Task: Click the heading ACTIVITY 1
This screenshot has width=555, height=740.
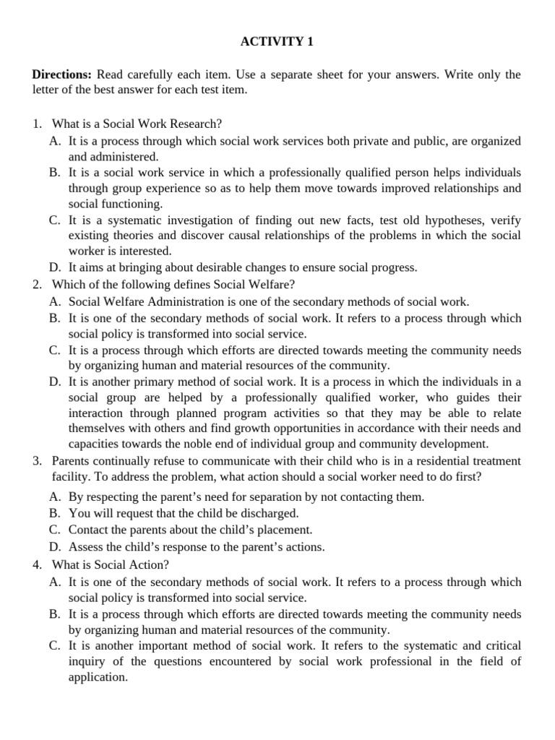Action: (x=277, y=42)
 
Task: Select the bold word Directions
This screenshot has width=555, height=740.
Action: (x=61, y=75)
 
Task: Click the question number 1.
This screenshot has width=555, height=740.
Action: (x=37, y=124)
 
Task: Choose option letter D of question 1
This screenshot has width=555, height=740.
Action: (x=54, y=267)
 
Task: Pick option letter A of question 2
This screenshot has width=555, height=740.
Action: (x=54, y=302)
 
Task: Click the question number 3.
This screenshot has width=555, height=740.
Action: (x=37, y=460)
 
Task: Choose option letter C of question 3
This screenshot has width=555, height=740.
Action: (x=54, y=530)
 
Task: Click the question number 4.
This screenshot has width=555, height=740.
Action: (x=37, y=564)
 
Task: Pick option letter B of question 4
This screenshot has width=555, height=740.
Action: (x=54, y=614)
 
